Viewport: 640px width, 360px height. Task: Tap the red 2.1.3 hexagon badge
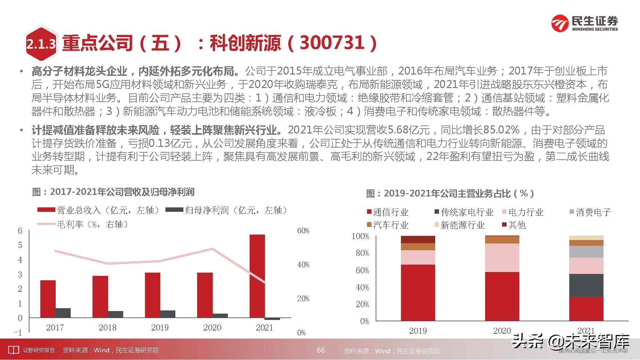click(x=41, y=44)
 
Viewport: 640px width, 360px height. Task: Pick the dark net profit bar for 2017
click(x=63, y=313)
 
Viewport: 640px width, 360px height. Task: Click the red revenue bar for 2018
click(x=100, y=296)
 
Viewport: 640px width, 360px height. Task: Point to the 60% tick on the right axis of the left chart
click(x=303, y=231)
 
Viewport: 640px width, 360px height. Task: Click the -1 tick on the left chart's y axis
click(x=18, y=332)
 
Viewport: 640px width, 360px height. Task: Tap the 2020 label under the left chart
click(x=212, y=328)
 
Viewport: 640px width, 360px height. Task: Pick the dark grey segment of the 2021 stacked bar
click(x=586, y=285)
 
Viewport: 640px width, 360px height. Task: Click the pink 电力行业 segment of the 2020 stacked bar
click(x=502, y=258)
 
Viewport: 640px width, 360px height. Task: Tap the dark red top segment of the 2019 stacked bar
click(x=418, y=239)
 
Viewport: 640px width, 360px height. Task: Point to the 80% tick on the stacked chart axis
click(x=362, y=253)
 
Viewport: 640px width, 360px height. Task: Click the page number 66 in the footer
click(x=321, y=350)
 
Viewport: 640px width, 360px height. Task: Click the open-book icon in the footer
click(x=13, y=350)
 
